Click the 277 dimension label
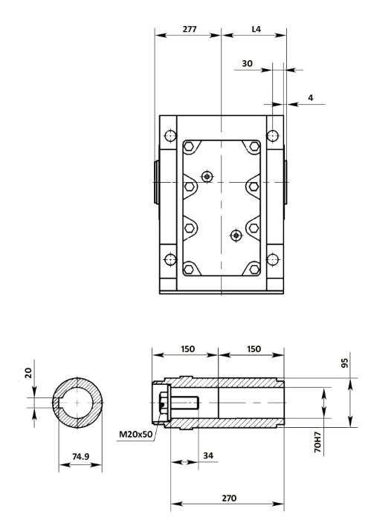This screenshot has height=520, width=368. pyautogui.click(x=190, y=29)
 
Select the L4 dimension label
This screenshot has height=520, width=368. pyautogui.click(x=256, y=29)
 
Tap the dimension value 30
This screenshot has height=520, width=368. pyautogui.click(x=247, y=63)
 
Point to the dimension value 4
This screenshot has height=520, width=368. pyautogui.click(x=311, y=98)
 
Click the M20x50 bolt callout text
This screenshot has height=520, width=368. pyautogui.click(x=136, y=434)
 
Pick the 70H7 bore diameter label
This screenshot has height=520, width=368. pyautogui.click(x=317, y=442)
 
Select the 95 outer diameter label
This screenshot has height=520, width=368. pyautogui.click(x=345, y=363)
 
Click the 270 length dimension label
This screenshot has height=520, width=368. pyautogui.click(x=229, y=498)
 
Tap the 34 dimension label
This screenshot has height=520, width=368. pyautogui.click(x=208, y=455)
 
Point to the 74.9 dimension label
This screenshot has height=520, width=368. pyautogui.click(x=80, y=457)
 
